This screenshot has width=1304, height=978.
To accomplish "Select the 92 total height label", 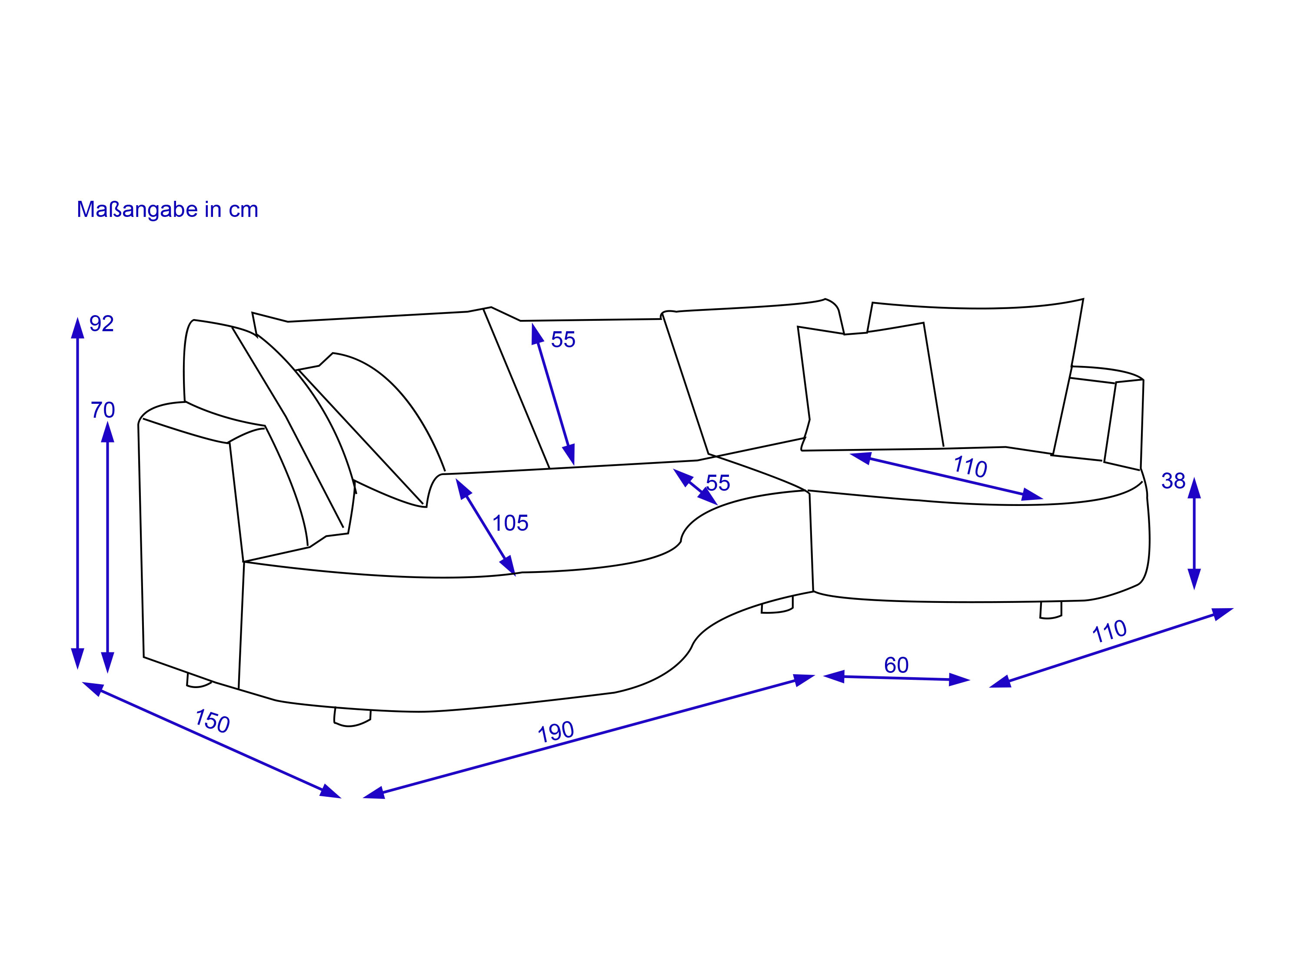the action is (x=101, y=324).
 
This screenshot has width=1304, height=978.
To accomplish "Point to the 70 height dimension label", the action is (x=103, y=410).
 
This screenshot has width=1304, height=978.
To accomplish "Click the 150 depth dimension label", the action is (x=212, y=721).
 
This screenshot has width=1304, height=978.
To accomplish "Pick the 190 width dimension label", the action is (x=556, y=732).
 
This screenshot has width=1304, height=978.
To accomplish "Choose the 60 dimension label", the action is (x=896, y=665).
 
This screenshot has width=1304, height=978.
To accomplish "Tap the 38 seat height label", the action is (x=1173, y=481).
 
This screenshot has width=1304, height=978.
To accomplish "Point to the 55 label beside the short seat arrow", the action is (x=718, y=483).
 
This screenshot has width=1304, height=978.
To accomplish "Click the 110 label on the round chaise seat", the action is (x=970, y=466).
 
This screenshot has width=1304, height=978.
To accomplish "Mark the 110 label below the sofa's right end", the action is (x=1109, y=632).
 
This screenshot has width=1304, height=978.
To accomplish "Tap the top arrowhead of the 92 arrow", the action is (x=77, y=328).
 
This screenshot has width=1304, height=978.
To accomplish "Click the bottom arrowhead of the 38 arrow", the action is (x=1194, y=579).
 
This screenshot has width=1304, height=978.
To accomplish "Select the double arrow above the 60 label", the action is (x=896, y=679).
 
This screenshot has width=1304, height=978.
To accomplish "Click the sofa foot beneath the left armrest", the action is (x=199, y=680).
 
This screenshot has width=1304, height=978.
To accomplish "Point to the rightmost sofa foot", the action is (x=1051, y=610).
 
